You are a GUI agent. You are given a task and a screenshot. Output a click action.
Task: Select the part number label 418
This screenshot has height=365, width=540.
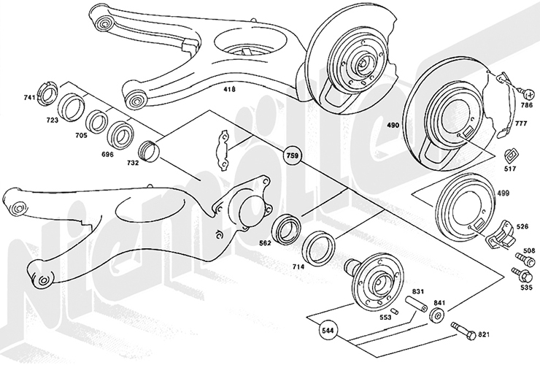coord(229,91)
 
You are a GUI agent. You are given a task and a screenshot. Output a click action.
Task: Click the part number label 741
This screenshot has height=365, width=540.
coord(30,97)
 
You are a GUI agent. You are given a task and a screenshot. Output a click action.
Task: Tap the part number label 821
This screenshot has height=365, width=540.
coord(483,335)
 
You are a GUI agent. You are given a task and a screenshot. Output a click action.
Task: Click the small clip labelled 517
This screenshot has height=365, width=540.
coord(512,155)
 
